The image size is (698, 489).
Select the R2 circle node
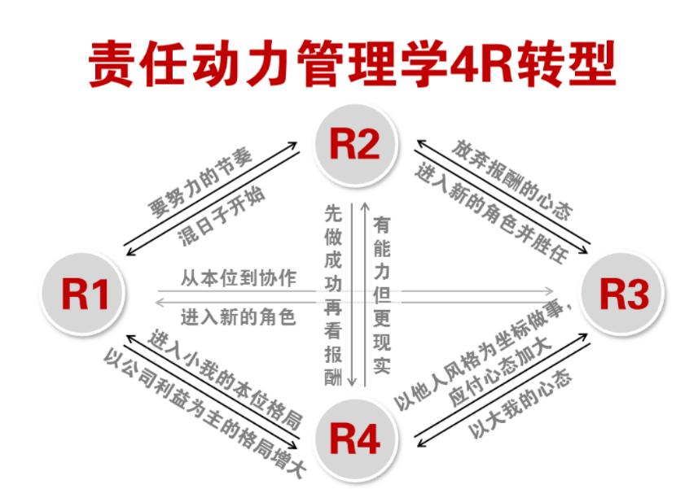coord(355,144)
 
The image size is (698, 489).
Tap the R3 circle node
coord(624,294)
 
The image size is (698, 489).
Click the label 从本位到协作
coord(238,277)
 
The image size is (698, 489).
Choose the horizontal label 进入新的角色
coord(238,316)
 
